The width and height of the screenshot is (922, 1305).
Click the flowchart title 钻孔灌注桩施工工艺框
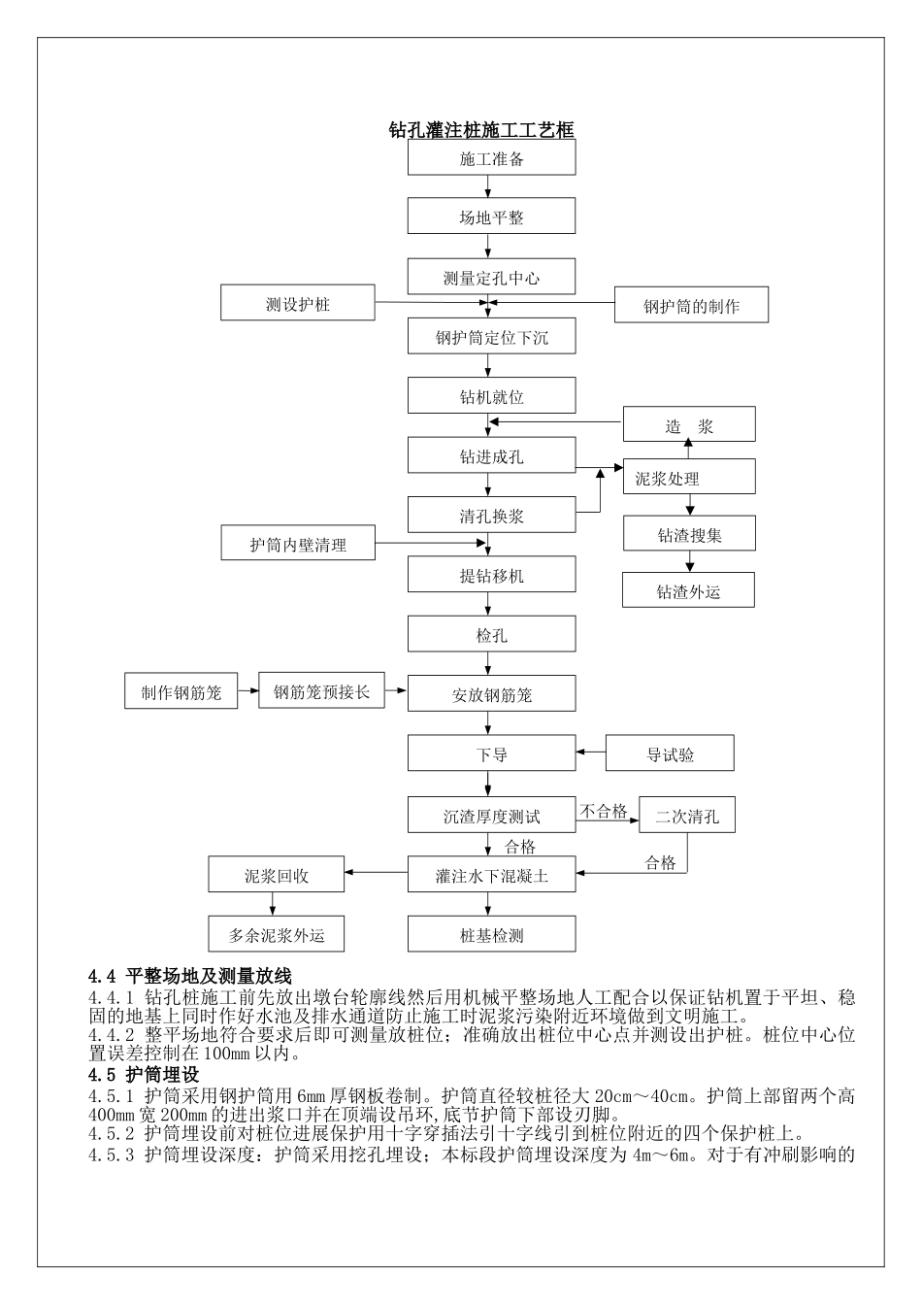(481, 129)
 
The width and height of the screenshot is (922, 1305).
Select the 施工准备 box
(491, 158)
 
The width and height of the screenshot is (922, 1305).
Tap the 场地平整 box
(491, 217)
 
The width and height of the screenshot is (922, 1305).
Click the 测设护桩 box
(298, 304)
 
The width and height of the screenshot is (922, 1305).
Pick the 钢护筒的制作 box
(691, 306)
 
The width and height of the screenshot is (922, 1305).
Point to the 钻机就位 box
(491, 396)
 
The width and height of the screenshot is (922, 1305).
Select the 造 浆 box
(688, 425)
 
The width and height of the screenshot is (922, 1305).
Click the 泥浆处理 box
(688, 477)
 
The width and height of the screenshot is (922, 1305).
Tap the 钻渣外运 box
(688, 590)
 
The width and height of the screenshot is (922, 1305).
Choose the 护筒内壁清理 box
(298, 544)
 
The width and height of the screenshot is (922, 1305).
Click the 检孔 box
(491, 635)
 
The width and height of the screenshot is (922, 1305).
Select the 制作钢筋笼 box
(181, 691)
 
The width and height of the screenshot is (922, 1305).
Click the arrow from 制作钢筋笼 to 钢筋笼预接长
(248, 691)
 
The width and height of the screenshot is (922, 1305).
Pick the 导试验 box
(670, 753)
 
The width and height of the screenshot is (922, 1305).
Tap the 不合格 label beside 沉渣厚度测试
(604, 812)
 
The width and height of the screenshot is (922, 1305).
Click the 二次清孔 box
(687, 816)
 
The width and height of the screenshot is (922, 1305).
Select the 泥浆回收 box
(277, 875)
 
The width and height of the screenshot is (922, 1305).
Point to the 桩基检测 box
(491, 935)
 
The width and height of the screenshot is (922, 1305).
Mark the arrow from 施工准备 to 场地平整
(488, 187)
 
